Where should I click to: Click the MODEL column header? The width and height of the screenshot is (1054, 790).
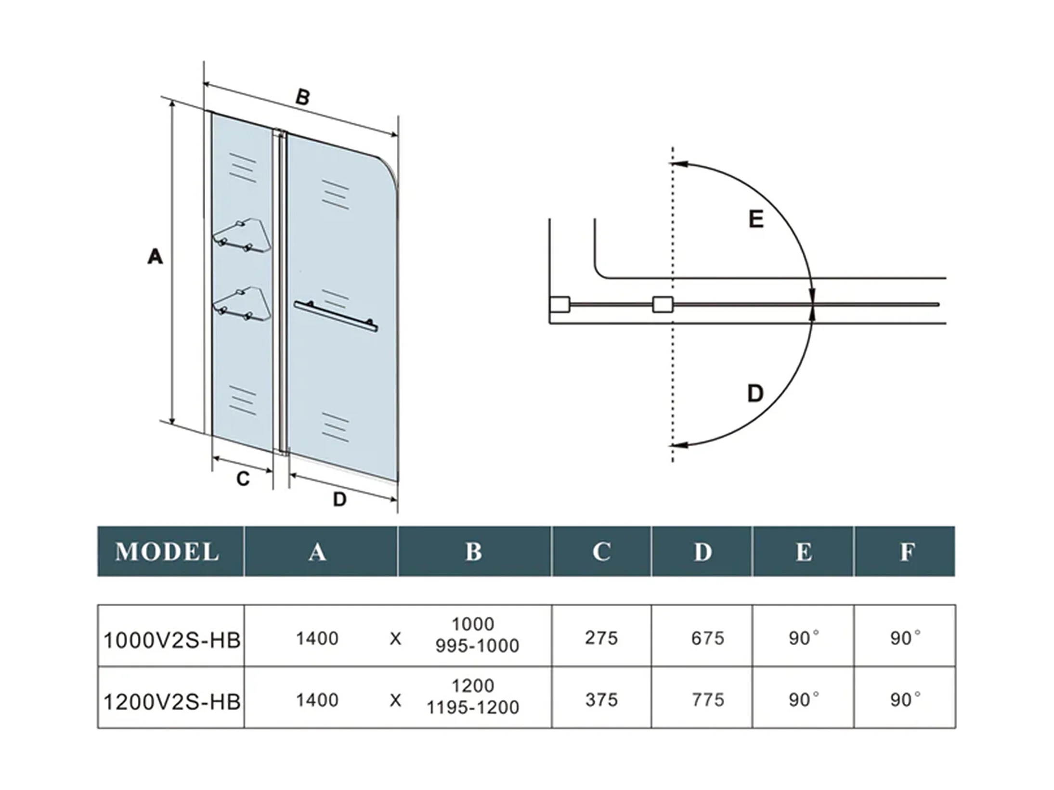[167, 552]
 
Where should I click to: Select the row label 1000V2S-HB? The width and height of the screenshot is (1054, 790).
[172, 640]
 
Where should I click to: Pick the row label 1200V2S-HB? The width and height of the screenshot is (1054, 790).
[172, 702]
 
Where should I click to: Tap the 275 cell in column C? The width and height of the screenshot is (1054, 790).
[601, 638]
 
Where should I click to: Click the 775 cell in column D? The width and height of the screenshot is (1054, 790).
[708, 700]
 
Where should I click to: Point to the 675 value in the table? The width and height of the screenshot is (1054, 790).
[708, 638]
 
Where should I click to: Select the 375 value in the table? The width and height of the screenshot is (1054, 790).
[601, 700]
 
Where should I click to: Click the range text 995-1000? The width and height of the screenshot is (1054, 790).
[477, 646]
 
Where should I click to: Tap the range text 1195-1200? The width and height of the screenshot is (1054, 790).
[473, 708]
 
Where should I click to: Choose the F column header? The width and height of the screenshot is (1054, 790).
[907, 552]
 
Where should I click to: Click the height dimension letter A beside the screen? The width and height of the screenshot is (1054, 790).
[155, 256]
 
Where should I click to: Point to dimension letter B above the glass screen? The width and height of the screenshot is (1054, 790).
[302, 97]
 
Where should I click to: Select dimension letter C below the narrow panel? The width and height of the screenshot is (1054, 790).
[243, 479]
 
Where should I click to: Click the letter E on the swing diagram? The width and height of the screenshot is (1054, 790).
[756, 220]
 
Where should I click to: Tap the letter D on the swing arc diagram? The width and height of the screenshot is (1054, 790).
[755, 393]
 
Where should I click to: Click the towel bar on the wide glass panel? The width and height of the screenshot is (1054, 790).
[336, 316]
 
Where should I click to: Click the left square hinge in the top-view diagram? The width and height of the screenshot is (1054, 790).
[560, 305]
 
